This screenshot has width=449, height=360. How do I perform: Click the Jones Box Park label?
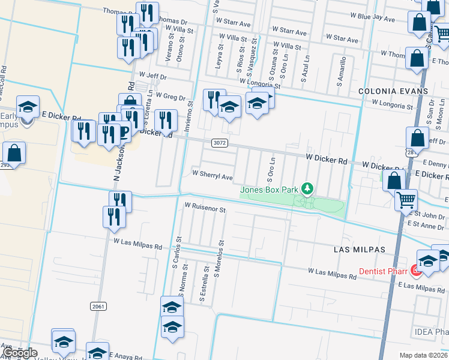coord(270,190)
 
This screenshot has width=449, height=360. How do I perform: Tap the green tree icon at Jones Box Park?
coord(307,190)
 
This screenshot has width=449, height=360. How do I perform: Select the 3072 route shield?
coord(219,143)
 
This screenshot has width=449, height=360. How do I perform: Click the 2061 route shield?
coord(99,306)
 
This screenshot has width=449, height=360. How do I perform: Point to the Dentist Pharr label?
coord(382,271)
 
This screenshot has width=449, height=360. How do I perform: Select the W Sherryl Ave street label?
coord(212,177)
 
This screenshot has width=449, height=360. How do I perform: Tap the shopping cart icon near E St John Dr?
coord(406,199)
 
